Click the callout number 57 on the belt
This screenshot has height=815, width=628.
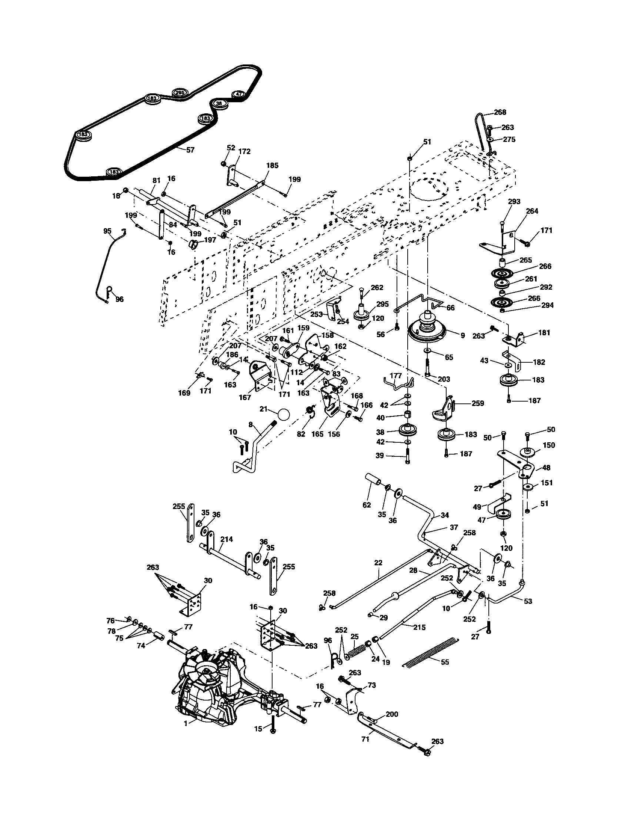click(x=190, y=150)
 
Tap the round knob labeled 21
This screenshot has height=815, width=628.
click(x=284, y=414)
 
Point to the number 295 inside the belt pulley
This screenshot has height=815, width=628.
click(x=180, y=93)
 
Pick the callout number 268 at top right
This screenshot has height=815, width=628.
click(x=500, y=112)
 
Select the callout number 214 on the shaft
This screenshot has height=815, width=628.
click(x=226, y=539)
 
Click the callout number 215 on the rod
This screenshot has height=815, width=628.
click(x=420, y=627)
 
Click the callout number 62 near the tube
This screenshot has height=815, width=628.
click(x=367, y=505)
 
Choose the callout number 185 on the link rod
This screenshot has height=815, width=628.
click(x=272, y=165)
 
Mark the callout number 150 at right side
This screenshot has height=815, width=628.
click(x=549, y=445)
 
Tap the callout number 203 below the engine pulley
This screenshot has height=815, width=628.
click(x=444, y=379)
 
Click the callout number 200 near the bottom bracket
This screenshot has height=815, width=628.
click(x=392, y=714)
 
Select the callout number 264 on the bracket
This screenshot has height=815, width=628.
click(x=532, y=211)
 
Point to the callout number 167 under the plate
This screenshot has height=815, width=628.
click(x=245, y=397)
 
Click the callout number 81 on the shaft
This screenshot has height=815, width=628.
click(x=156, y=180)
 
